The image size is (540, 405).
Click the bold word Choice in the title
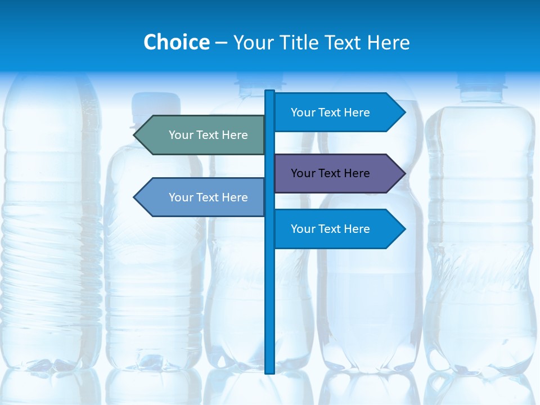click(176, 42)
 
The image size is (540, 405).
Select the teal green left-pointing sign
click(202, 135)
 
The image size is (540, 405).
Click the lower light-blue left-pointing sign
click(202, 197)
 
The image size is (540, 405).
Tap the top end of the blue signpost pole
click(270, 92)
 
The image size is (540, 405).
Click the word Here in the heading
click(388, 42)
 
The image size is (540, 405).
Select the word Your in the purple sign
click(303, 173)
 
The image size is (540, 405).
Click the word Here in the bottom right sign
click(356, 229)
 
